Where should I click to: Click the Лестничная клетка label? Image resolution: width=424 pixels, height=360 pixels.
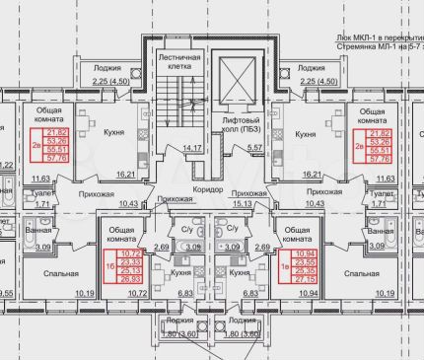pos(179,64)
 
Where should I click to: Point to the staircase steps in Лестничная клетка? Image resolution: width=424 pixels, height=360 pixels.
pos(178,113)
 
